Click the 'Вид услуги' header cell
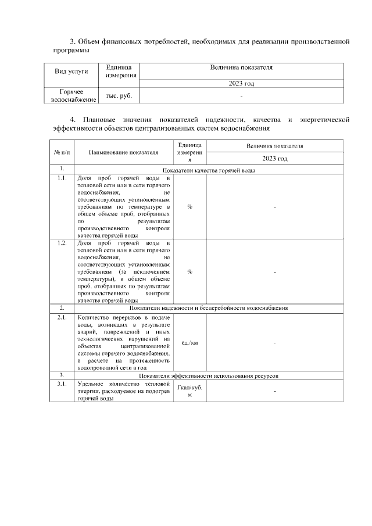point(71,71)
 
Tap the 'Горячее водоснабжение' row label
point(71,96)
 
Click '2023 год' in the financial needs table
point(241,84)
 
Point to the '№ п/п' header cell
point(62,152)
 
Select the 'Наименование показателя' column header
point(124,152)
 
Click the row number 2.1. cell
point(62,318)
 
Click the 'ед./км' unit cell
point(189,343)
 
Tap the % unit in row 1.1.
point(189,206)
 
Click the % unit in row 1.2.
point(189,271)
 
